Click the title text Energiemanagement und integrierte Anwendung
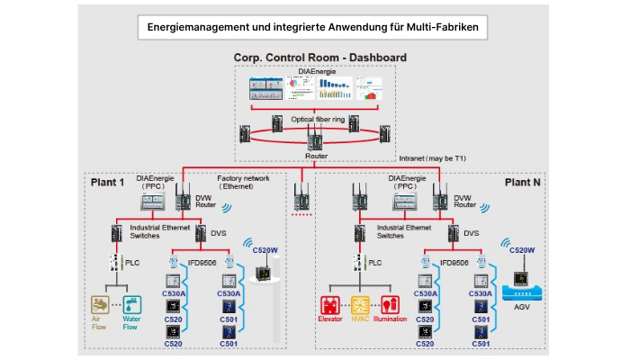314,28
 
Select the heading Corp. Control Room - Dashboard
319,58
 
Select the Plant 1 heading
109,182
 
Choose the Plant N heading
523,180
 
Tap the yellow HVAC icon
360,302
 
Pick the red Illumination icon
390,302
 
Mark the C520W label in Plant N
522,250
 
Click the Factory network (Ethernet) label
241,183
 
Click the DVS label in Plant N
472,232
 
